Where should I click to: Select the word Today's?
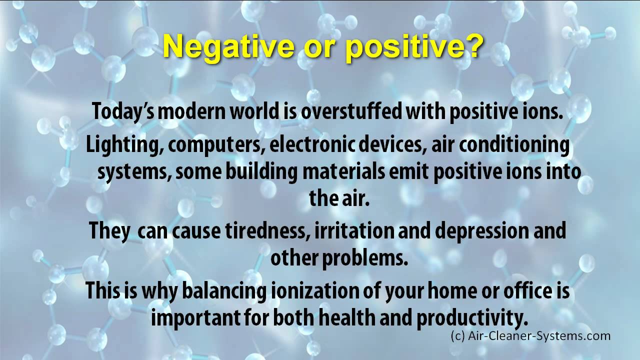[x=123, y=112]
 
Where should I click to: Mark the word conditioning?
[x=514, y=145]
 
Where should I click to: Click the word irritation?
[x=354, y=230]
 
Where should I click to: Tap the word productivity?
[x=471, y=318]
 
